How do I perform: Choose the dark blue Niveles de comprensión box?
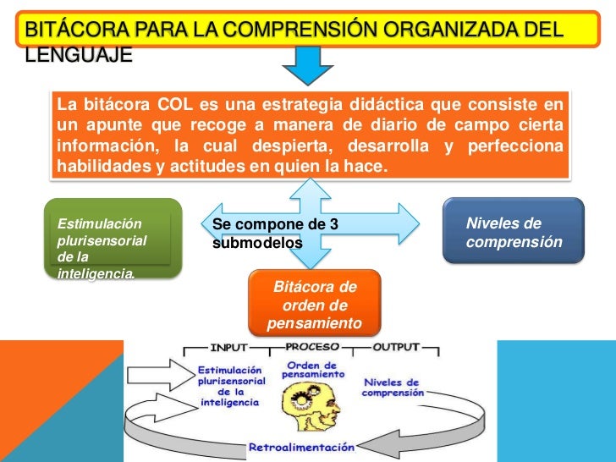pyautogui.click(x=514, y=232)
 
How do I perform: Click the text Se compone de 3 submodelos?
pyautogui.click(x=274, y=233)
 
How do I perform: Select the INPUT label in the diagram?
pyautogui.click(x=228, y=347)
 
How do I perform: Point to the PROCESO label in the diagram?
pyautogui.click(x=312, y=347)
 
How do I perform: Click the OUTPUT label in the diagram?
pyautogui.click(x=395, y=347)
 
